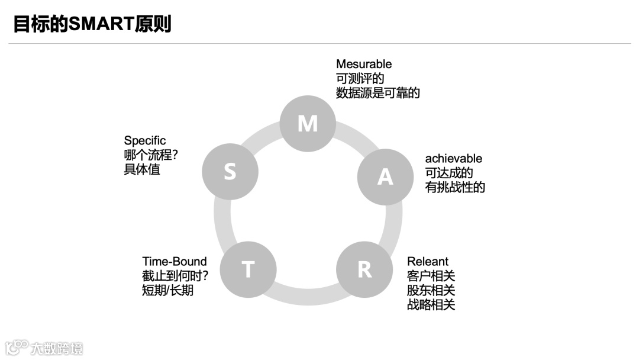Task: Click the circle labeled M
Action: (x=308, y=123)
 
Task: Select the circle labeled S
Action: (x=230, y=172)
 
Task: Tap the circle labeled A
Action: (x=385, y=176)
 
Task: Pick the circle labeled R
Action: (x=364, y=269)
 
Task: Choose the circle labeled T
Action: (x=248, y=269)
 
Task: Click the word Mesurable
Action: (x=364, y=64)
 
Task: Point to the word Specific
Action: (x=145, y=141)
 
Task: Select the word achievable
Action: (x=454, y=159)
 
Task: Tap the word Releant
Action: (x=428, y=262)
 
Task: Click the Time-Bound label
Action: (x=175, y=262)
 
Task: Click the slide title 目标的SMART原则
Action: (x=92, y=24)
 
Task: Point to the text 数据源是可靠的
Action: (x=378, y=93)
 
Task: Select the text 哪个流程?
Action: (x=151, y=155)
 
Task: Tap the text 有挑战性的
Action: (x=455, y=188)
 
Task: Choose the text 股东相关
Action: (x=431, y=291)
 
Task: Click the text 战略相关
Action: (x=431, y=305)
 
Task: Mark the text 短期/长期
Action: (x=167, y=291)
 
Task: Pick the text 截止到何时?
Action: (x=175, y=276)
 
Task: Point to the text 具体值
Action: (x=142, y=169)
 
